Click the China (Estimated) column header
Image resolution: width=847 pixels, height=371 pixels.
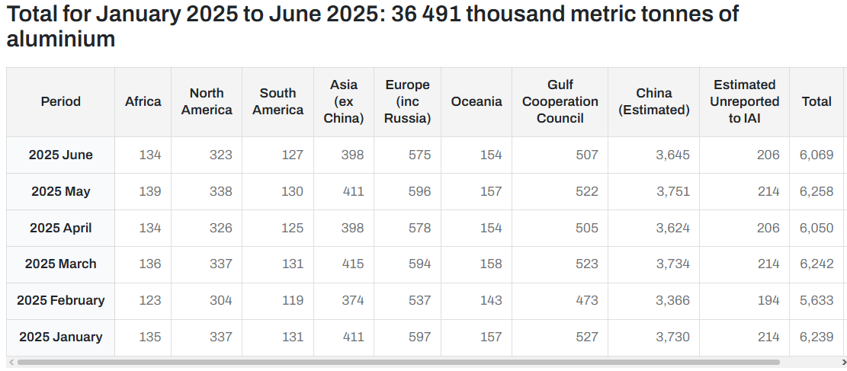pyautogui.click(x=653, y=101)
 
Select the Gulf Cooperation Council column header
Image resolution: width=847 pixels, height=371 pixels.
pyautogui.click(x=560, y=101)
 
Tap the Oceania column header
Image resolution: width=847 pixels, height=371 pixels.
pyautogui.click(x=476, y=101)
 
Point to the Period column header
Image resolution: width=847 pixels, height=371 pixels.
pyautogui.click(x=60, y=101)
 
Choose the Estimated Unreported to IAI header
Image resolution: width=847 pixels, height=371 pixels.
pyautogui.click(x=744, y=101)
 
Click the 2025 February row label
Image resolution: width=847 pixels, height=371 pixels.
pyautogui.click(x=60, y=300)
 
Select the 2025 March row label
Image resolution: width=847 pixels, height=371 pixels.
pyautogui.click(x=60, y=264)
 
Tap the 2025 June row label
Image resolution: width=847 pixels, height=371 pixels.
pyautogui.click(x=60, y=155)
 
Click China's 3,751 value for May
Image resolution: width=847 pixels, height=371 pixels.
pyautogui.click(x=673, y=192)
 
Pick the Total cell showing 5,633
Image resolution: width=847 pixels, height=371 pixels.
pyautogui.click(x=817, y=300)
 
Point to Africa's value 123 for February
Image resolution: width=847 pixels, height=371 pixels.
pyautogui.click(x=150, y=300)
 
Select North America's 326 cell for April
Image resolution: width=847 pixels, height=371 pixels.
pyautogui.click(x=221, y=228)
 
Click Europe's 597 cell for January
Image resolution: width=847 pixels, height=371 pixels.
pyautogui.click(x=420, y=337)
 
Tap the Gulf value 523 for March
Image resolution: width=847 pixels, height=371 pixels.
pyautogui.click(x=586, y=264)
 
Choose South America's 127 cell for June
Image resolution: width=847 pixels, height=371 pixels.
pyautogui.click(x=292, y=155)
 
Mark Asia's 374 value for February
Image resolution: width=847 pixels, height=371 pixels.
pyautogui.click(x=353, y=300)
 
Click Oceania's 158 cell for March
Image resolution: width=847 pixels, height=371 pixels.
pyautogui.click(x=491, y=264)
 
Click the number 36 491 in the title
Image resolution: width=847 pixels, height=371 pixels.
pyautogui.click(x=427, y=14)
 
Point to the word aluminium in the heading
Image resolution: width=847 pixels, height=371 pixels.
pyautogui.click(x=60, y=39)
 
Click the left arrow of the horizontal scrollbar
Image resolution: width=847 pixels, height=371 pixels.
pyautogui.click(x=10, y=363)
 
